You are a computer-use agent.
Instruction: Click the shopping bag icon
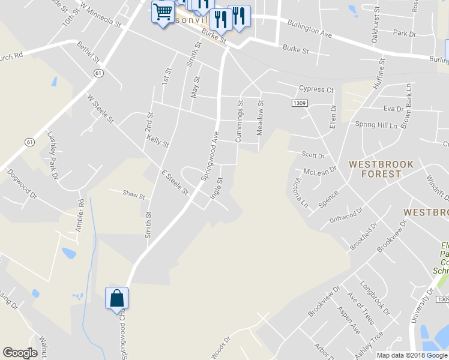tap(116, 298)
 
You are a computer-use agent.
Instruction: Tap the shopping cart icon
tap(162, 12)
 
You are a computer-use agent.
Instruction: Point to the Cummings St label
tap(239, 121)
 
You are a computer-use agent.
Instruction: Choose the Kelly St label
tap(158, 141)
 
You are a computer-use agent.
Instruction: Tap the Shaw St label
tap(134, 195)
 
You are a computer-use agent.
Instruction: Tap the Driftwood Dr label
tap(346, 215)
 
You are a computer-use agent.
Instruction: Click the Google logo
tap(20, 353)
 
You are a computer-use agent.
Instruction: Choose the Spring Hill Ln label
tap(376, 125)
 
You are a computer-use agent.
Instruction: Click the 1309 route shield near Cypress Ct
tap(300, 103)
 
